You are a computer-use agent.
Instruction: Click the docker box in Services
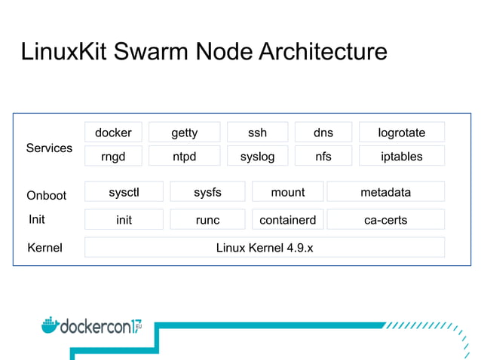pyautogui.click(x=113, y=133)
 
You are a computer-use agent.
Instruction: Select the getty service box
pyautogui.click(x=184, y=133)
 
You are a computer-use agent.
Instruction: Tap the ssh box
pyautogui.click(x=257, y=133)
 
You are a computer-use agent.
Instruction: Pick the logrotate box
pyautogui.click(x=401, y=133)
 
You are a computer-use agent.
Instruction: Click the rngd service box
pyautogui.click(x=113, y=157)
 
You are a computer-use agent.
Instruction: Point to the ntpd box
pyautogui.click(x=184, y=157)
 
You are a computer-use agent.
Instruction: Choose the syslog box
pyautogui.click(x=257, y=157)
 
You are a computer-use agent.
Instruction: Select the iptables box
pyautogui.click(x=401, y=157)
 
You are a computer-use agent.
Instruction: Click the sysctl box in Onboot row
pyautogui.click(x=124, y=192)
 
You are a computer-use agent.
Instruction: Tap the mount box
pyautogui.click(x=287, y=192)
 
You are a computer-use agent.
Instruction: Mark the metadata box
pyautogui.click(x=385, y=192)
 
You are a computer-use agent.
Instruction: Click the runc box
pyautogui.click(x=207, y=220)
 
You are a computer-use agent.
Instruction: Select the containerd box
pyautogui.click(x=287, y=220)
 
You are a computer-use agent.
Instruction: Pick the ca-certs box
pyautogui.click(x=385, y=220)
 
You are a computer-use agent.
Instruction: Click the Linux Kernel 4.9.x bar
pyautogui.click(x=264, y=247)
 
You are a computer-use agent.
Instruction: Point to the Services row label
pyautogui.click(x=49, y=148)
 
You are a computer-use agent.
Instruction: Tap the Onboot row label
pyautogui.click(x=47, y=195)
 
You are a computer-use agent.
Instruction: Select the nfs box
pyautogui.click(x=323, y=157)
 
